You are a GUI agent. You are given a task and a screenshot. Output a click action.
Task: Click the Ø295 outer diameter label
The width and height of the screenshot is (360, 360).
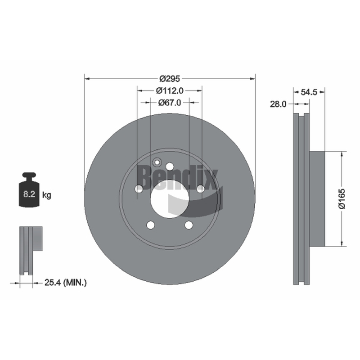[x=170, y=79]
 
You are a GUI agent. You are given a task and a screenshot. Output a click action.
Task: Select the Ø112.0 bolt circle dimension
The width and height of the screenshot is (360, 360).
[x=170, y=91]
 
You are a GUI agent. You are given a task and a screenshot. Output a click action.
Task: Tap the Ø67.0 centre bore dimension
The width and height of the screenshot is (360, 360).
[x=170, y=103]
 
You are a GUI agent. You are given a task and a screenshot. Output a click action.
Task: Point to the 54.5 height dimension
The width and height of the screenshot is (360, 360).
[x=309, y=92]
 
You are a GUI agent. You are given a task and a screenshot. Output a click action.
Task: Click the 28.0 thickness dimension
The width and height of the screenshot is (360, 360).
[x=278, y=104]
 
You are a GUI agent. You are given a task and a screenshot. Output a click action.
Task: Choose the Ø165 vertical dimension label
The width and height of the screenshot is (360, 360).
[x=342, y=198]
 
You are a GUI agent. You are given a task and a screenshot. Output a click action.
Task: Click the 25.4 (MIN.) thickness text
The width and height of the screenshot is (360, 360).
[x=65, y=283]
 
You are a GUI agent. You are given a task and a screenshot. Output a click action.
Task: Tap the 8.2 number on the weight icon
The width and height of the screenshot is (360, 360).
[x=29, y=194]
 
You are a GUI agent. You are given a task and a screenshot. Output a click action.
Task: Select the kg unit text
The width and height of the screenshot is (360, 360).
[x=47, y=195]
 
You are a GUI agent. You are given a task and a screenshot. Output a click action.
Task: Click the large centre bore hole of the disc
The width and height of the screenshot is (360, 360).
[x=170, y=199]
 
